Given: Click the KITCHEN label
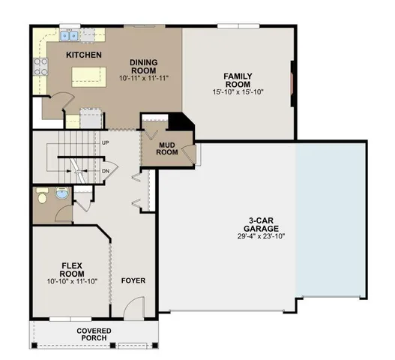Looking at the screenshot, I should (x=84, y=55).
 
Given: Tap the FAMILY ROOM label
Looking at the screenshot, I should (x=238, y=80).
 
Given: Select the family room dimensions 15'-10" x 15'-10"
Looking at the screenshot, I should (x=238, y=91).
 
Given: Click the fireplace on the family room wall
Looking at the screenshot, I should (x=293, y=80).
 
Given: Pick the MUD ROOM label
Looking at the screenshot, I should (x=166, y=148).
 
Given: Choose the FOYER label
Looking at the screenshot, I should (x=133, y=281).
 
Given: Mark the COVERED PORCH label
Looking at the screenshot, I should (x=94, y=334).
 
